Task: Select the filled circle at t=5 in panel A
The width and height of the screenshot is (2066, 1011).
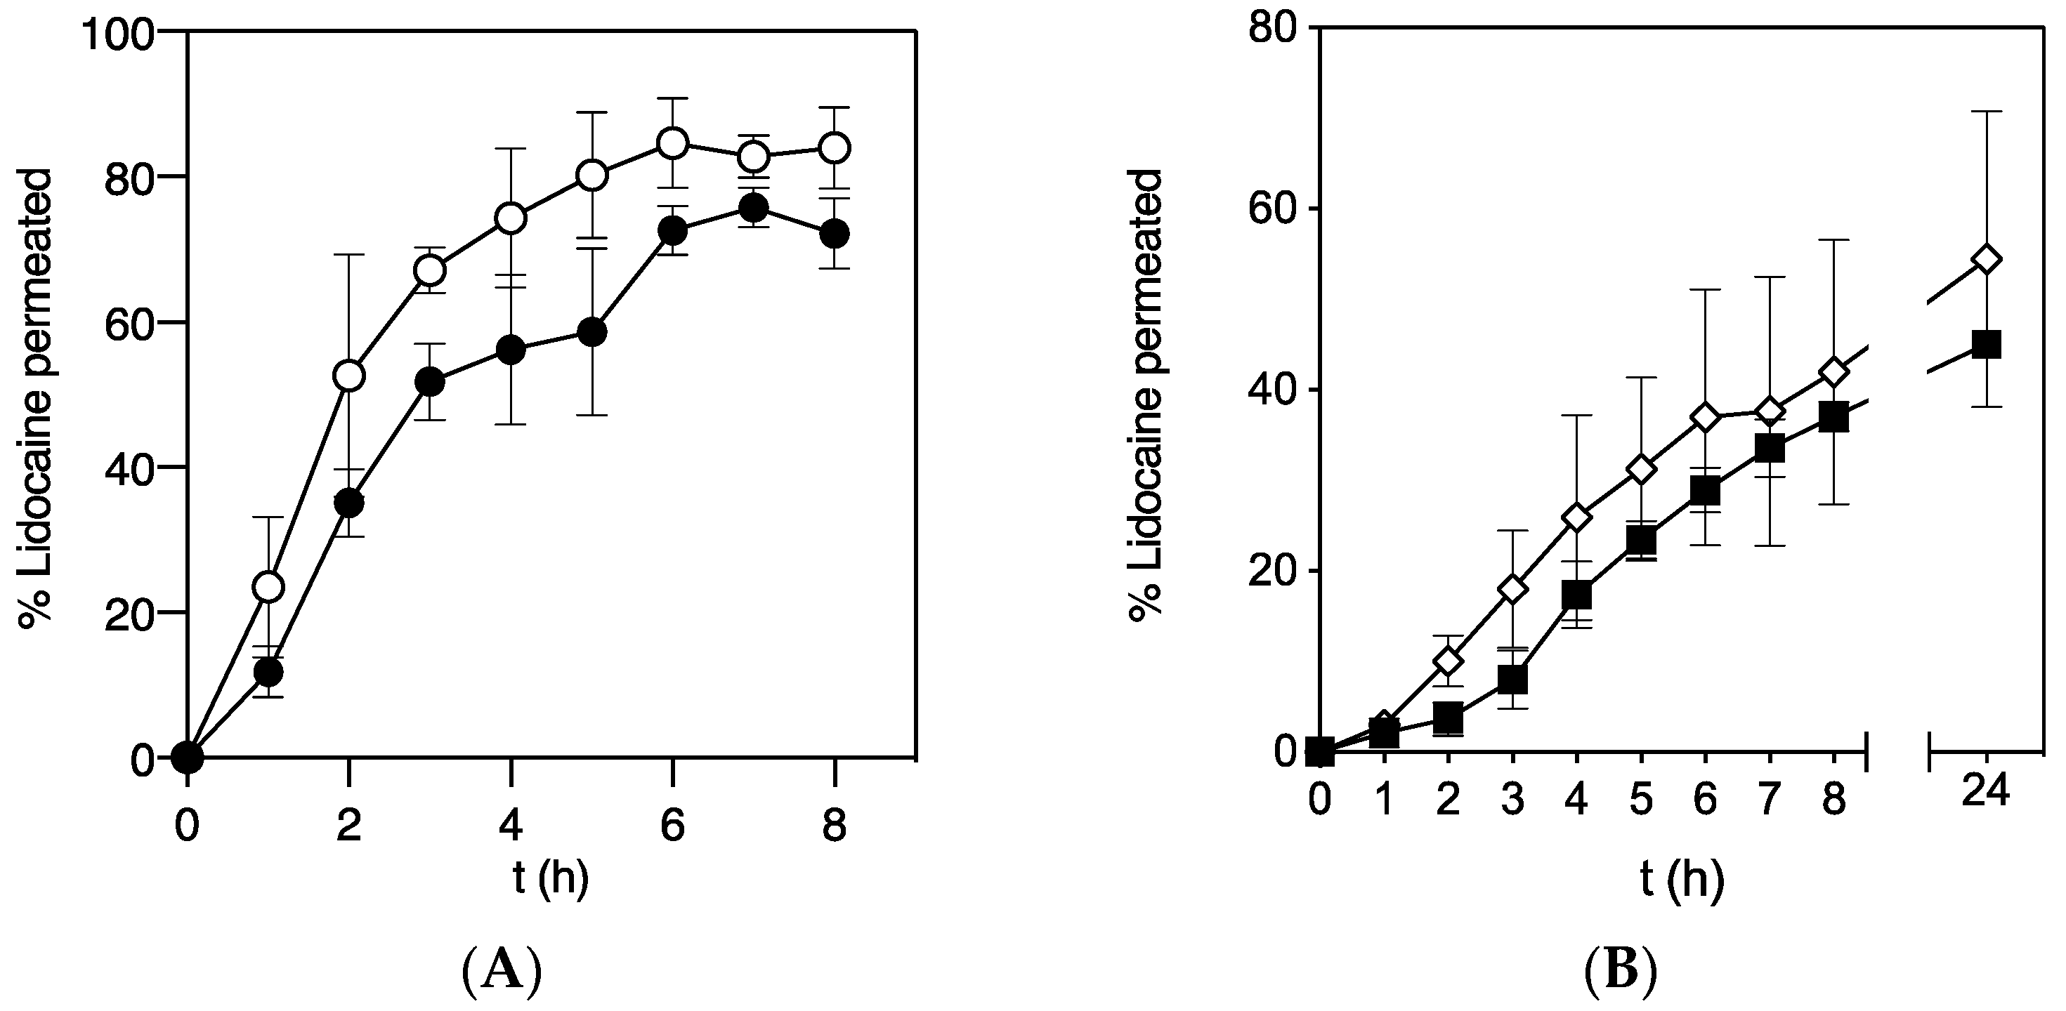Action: point(592,332)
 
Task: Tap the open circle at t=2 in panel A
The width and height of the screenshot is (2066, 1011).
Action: point(349,375)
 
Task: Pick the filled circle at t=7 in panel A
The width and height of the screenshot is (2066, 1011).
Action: point(753,209)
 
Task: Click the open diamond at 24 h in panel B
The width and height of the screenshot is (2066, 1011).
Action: point(1987,259)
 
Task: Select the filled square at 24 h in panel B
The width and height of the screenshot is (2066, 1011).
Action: point(1987,345)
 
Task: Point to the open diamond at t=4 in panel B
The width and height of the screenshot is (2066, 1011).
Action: point(1577,518)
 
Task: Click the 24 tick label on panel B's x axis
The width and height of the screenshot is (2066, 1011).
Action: point(1985,792)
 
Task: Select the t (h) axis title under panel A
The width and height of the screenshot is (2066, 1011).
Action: point(550,879)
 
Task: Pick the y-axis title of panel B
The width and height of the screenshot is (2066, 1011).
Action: point(1145,395)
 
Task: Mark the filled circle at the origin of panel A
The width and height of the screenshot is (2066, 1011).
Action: point(187,757)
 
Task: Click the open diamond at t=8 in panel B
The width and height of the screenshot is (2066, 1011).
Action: point(1834,372)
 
